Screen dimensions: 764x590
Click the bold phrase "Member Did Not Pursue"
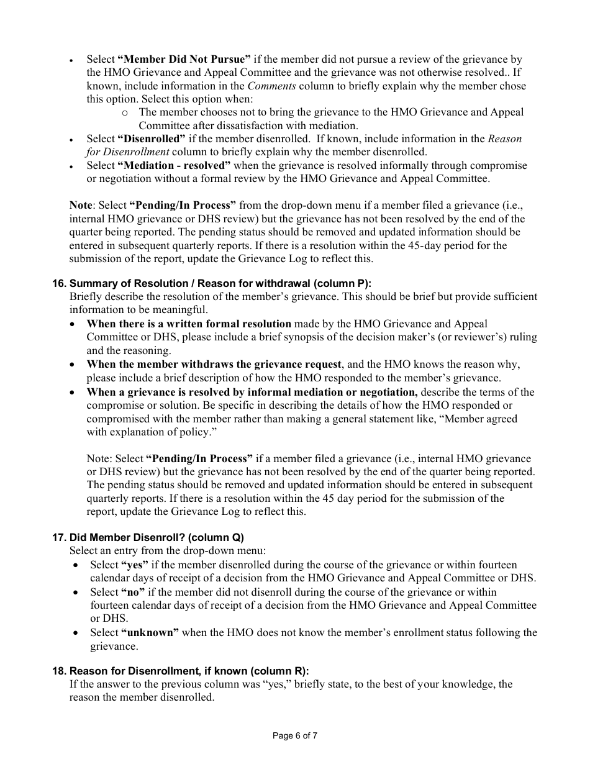[x=184, y=60]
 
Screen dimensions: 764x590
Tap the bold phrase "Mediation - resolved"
[x=174, y=166]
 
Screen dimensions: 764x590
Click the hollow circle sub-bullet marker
[x=125, y=113]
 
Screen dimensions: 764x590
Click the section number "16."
[x=59, y=283]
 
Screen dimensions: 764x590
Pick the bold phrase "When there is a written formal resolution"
[x=189, y=324]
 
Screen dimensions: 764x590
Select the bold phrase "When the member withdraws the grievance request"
[x=214, y=365]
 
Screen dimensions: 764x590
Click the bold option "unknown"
[x=150, y=632]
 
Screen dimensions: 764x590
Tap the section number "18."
[x=59, y=671]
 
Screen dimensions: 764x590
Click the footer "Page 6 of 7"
[x=295, y=736]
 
